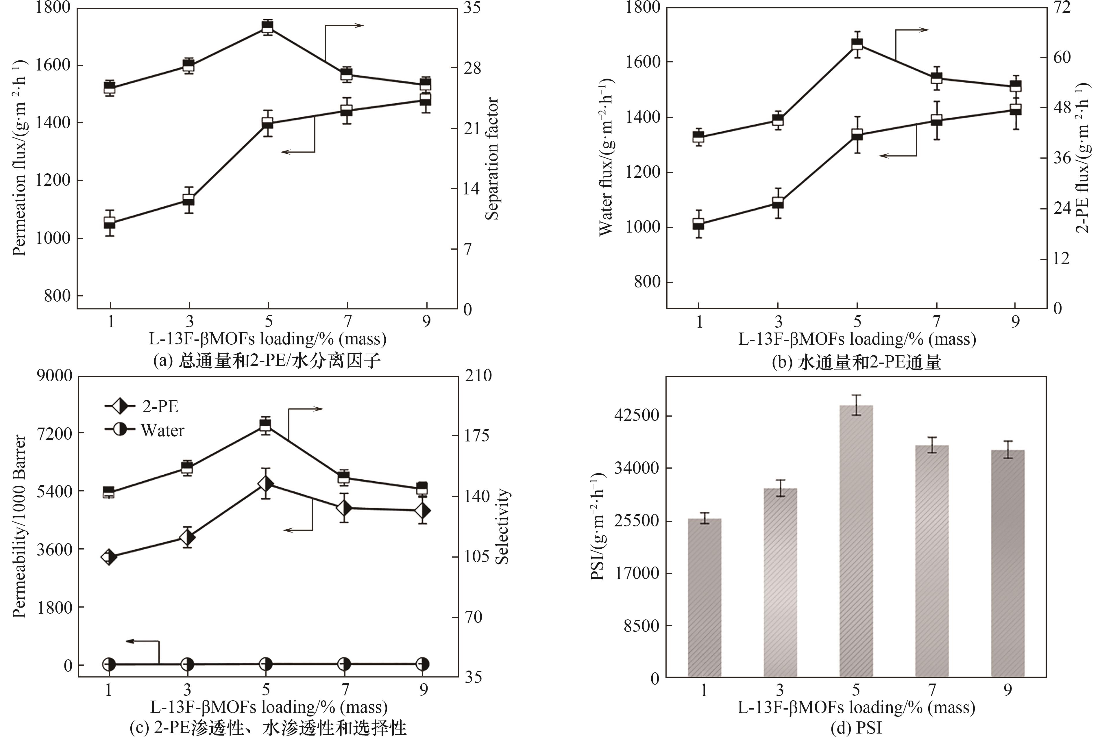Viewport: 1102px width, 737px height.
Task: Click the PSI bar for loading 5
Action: [856, 541]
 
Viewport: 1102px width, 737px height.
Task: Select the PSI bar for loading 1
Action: [704, 597]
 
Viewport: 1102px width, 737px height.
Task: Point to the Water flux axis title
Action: [606, 157]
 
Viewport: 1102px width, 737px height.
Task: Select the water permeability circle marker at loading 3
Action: [187, 664]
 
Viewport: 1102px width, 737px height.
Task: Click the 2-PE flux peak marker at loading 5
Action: [857, 44]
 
